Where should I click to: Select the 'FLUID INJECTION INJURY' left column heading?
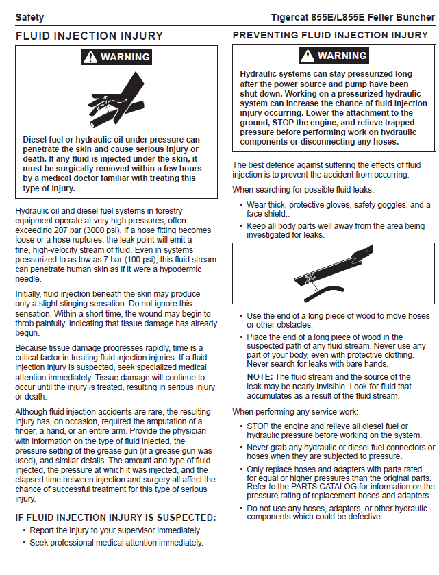(89, 36)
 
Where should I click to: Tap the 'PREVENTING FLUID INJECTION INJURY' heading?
(331, 35)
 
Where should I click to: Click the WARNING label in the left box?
(117, 57)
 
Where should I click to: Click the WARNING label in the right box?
(334, 56)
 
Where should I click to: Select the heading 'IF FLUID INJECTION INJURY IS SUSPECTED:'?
(116, 517)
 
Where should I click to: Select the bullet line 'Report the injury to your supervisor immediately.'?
(115, 530)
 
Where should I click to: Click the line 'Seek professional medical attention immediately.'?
(116, 543)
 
